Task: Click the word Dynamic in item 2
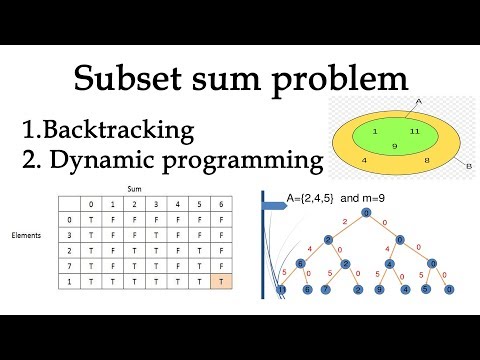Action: point(106,159)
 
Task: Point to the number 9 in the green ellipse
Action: point(394,147)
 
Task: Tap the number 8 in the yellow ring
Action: point(428,159)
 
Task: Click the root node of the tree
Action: point(366,212)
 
